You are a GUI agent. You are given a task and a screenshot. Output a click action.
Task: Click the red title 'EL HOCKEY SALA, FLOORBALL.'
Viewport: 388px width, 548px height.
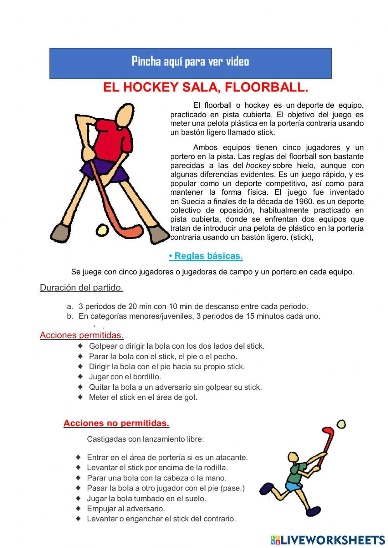click(x=206, y=88)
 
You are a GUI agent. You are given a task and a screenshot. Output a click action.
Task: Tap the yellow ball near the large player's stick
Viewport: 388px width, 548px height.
click(x=102, y=230)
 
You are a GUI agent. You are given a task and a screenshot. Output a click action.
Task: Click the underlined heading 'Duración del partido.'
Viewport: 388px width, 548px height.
click(x=81, y=288)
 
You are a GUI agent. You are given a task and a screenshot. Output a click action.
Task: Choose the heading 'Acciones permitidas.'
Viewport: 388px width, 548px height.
click(x=81, y=335)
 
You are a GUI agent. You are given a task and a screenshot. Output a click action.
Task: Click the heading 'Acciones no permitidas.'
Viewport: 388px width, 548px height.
click(x=116, y=423)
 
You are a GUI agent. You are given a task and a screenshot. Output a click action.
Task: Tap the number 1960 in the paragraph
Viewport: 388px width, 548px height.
click(x=304, y=201)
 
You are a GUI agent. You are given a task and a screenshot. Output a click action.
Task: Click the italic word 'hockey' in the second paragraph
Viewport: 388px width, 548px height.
click(x=258, y=166)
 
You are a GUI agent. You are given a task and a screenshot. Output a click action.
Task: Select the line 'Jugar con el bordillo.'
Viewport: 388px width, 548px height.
click(x=125, y=377)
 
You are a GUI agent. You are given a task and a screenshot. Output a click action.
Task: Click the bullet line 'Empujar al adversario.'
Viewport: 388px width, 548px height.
click(x=126, y=508)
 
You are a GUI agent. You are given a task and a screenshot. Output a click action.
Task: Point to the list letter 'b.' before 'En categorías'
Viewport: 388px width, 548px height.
click(x=70, y=316)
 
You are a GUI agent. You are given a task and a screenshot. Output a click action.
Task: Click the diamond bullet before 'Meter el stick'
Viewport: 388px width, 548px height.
click(x=80, y=397)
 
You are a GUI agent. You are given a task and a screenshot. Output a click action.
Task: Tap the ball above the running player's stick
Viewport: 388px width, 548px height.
click(x=341, y=424)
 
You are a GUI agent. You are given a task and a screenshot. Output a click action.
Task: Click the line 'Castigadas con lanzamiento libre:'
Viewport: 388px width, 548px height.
click(x=145, y=439)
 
